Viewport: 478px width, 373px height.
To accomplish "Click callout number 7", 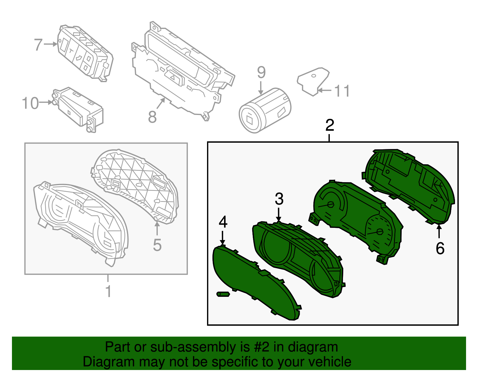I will click(x=38, y=45).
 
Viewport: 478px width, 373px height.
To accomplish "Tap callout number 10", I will click(x=30, y=103).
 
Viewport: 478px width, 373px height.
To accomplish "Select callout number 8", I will click(x=152, y=117).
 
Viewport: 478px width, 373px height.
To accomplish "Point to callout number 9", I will click(x=261, y=73).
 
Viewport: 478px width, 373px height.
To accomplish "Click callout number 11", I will click(x=342, y=91).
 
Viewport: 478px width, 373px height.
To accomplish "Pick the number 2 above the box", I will click(x=330, y=125).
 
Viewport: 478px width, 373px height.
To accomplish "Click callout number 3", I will click(x=279, y=199).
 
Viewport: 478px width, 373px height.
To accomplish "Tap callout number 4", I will click(x=223, y=222).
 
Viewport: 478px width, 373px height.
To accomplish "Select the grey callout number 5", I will click(x=157, y=245).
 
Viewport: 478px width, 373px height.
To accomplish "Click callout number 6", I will click(x=440, y=248).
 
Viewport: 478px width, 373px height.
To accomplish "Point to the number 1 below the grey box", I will click(x=108, y=291).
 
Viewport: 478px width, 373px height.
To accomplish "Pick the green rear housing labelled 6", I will click(x=409, y=185).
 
